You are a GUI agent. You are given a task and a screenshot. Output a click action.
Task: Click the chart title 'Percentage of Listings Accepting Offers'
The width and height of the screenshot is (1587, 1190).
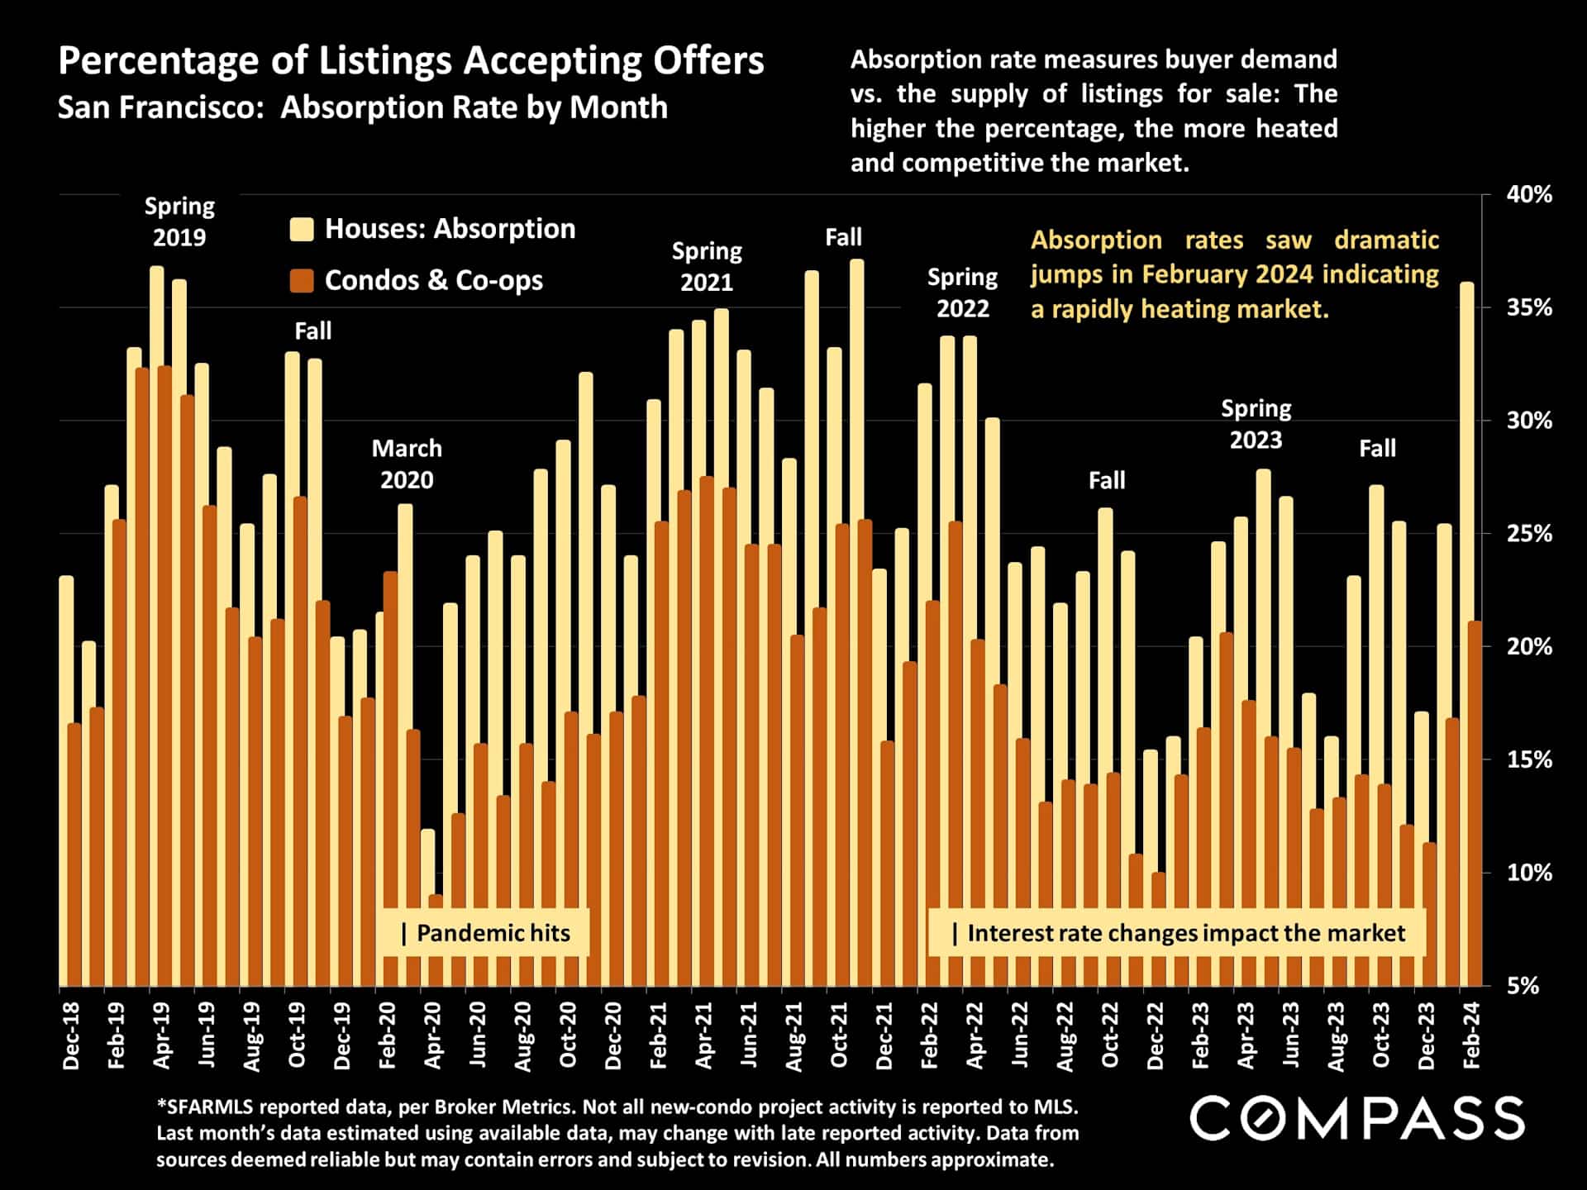click(411, 61)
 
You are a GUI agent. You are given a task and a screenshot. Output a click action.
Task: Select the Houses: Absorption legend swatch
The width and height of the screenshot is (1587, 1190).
click(302, 229)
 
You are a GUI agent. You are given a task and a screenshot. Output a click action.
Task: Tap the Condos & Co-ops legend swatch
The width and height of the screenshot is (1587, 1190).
click(302, 281)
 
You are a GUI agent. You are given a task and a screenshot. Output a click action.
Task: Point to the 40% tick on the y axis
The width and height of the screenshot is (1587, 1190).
click(1529, 195)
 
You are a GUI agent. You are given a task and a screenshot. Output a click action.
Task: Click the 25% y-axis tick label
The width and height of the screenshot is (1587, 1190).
click(1529, 534)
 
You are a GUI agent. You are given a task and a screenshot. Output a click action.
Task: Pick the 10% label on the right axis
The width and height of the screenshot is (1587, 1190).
click(1529, 873)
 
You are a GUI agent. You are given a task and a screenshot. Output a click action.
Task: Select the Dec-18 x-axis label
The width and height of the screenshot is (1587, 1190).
click(71, 1036)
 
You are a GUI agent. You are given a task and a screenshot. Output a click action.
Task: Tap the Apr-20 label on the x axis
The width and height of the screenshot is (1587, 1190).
click(432, 1036)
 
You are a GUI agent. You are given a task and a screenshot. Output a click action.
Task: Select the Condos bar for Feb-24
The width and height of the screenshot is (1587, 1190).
click(1475, 802)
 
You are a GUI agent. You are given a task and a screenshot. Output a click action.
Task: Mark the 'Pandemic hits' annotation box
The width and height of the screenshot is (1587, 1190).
click(485, 933)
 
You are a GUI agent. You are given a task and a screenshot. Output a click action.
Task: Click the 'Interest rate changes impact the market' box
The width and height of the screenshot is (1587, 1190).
click(1177, 933)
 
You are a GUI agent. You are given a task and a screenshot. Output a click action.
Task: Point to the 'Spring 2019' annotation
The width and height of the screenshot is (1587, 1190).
click(179, 221)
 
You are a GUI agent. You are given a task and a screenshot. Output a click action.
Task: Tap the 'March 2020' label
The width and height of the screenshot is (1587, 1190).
click(407, 464)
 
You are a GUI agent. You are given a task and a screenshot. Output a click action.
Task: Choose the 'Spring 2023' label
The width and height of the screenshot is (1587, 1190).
click(1256, 424)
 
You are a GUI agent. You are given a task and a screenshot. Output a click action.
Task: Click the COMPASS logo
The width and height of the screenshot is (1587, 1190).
click(1356, 1119)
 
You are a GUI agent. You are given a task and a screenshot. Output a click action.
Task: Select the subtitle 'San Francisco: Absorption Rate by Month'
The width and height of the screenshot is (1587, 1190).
click(362, 108)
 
